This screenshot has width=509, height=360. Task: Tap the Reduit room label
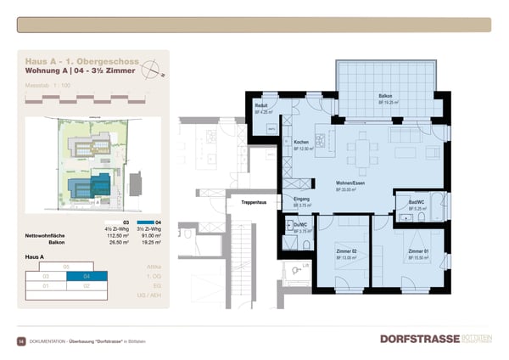[261, 105]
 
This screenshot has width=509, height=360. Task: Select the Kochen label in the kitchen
[301, 142]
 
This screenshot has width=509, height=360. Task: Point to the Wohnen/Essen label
[350, 183]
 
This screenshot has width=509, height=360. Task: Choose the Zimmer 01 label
[416, 252]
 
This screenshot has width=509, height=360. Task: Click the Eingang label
[303, 199]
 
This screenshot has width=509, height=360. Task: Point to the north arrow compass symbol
[149, 71]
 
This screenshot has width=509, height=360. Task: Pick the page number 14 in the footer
[21, 340]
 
